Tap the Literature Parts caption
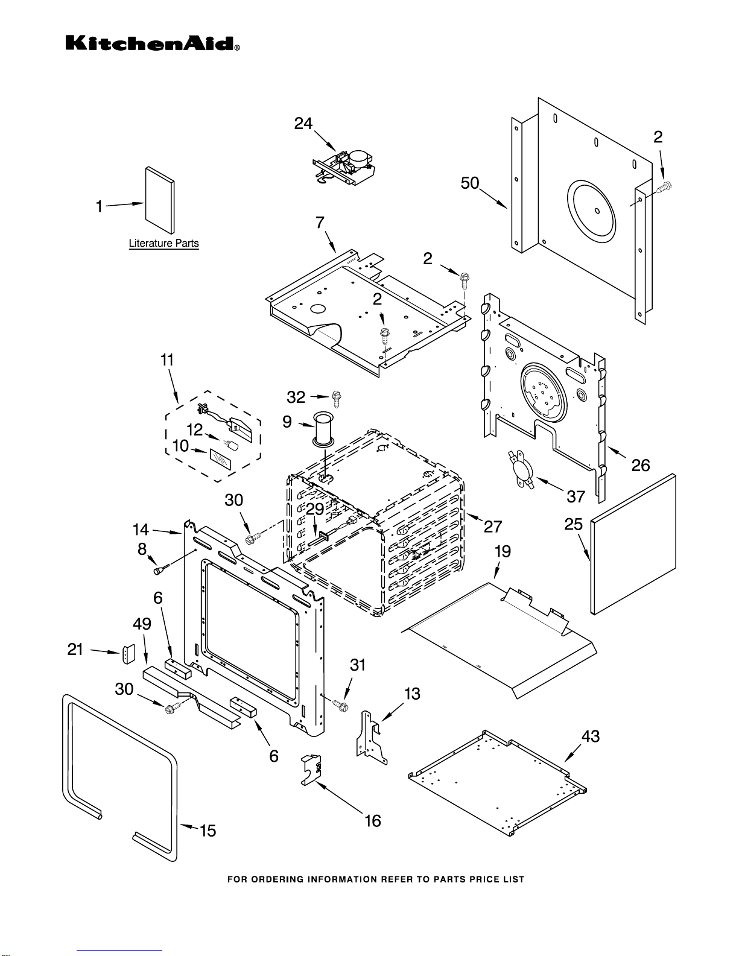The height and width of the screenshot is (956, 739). [x=163, y=243]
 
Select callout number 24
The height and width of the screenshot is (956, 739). [x=303, y=124]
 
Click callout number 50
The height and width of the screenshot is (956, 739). [x=470, y=183]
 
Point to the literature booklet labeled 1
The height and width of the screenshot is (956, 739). [x=160, y=200]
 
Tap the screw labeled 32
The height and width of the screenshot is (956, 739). [x=337, y=399]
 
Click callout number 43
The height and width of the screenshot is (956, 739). [x=591, y=736]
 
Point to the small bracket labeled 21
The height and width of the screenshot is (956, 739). [x=128, y=654]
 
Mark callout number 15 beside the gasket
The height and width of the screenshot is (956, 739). [x=208, y=831]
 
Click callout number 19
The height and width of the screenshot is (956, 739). [x=503, y=551]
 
